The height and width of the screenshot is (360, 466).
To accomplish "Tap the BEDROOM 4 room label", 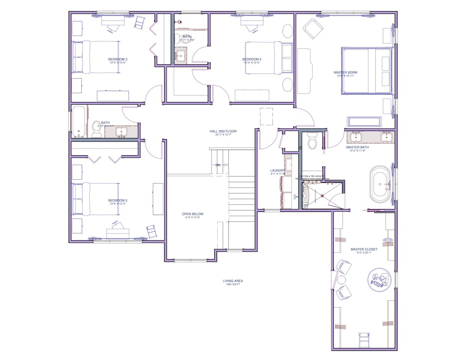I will tap(251, 59).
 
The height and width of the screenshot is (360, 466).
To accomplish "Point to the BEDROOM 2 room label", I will tap(118, 201).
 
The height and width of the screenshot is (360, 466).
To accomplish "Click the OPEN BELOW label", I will tap(192, 214).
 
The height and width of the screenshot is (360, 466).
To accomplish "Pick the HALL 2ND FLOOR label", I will tap(223, 131).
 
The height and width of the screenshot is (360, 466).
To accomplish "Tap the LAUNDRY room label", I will tap(278, 171).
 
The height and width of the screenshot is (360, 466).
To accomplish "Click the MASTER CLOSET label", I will tap(364, 249).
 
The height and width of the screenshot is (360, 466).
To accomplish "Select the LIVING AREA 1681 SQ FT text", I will tap(233, 281).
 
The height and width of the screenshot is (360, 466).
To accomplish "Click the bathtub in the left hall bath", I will tap(79, 122).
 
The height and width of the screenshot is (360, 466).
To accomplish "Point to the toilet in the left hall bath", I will tap(96, 129).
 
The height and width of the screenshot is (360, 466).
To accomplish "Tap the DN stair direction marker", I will tap(218, 165).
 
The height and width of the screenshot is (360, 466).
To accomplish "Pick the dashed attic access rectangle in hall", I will tap(267, 116).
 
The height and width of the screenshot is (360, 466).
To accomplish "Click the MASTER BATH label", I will tap(357, 147).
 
